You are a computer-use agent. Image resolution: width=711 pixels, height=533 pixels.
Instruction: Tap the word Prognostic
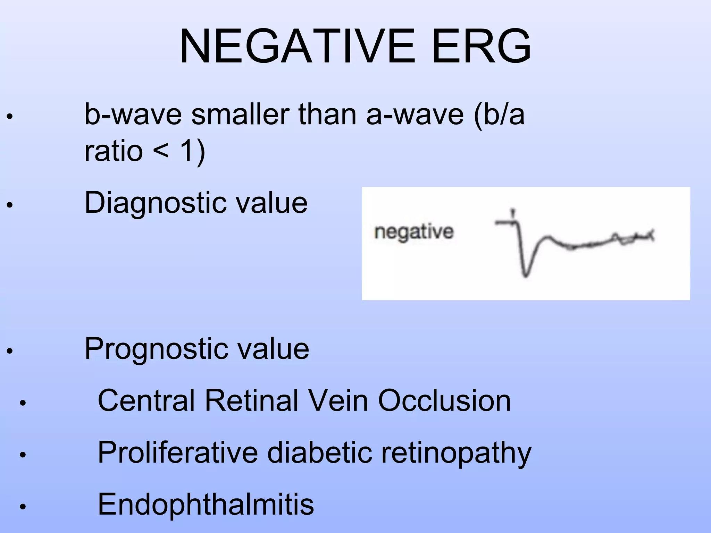click(156, 349)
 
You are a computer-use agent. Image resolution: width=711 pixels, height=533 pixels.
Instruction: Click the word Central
click(146, 401)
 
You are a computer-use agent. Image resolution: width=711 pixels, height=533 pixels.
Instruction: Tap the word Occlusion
click(444, 401)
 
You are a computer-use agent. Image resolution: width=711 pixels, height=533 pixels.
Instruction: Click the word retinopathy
click(456, 453)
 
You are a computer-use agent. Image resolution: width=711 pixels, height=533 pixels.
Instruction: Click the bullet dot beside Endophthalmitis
click(23, 507)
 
